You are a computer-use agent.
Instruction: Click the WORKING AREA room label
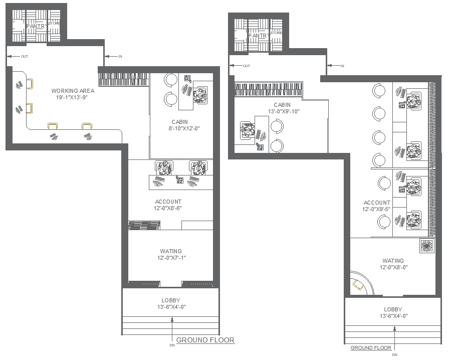coord(73,91)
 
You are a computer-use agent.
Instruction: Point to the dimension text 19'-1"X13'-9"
coord(73,97)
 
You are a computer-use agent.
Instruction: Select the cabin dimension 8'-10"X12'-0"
coord(180,128)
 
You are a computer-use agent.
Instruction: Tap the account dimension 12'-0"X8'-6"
coord(168,208)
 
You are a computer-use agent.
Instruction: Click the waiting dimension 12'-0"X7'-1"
coord(171,258)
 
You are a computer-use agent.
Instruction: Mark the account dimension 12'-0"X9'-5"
coord(377,209)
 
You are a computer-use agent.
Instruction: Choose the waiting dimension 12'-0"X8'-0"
coord(393,267)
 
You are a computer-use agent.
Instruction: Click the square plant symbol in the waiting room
coord(427,246)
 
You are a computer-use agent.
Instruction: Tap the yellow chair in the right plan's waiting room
coord(359,285)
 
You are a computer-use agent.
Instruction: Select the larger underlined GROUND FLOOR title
coord(205,340)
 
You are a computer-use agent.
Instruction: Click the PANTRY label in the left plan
coord(37,26)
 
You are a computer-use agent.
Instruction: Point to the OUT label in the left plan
coord(24,57)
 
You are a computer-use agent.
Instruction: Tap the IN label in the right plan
coord(342,66)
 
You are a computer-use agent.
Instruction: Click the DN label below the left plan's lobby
coord(172,345)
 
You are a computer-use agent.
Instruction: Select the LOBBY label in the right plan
coord(393,309)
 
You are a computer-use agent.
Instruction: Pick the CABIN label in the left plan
coord(180,122)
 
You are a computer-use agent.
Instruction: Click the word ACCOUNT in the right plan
coord(377,203)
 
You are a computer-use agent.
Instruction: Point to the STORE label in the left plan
coord(55,24)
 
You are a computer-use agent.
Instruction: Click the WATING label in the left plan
coord(171,251)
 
